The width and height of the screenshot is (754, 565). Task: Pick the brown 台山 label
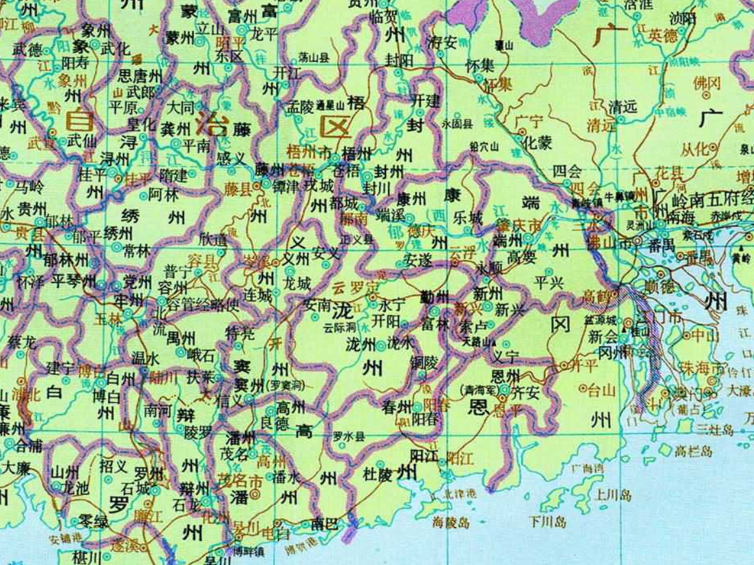click(600, 389)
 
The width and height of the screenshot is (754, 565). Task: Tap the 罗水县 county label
click(349, 436)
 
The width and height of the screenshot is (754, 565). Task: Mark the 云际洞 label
click(340, 328)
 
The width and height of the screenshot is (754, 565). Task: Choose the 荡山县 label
click(314, 58)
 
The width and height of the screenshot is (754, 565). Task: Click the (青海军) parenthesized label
click(477, 390)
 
